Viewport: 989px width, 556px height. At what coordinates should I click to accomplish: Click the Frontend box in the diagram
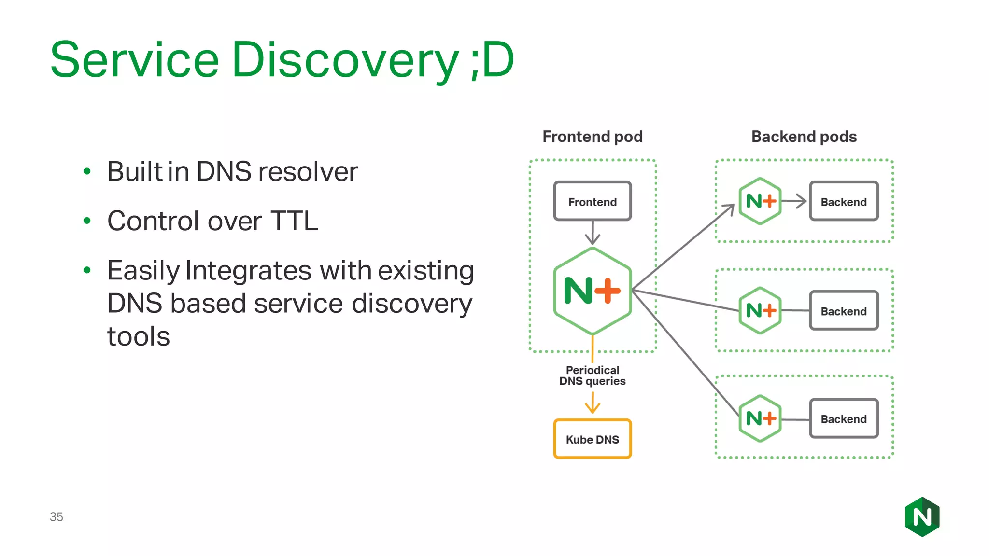(x=592, y=201)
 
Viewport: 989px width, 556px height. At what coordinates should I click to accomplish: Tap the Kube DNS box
(x=592, y=439)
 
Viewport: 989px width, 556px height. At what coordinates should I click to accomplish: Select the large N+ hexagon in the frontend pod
(x=592, y=291)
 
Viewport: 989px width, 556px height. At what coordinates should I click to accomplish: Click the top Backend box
(x=843, y=201)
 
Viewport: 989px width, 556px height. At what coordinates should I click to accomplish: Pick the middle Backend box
(x=843, y=311)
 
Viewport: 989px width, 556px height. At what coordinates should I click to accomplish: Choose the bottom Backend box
(x=843, y=418)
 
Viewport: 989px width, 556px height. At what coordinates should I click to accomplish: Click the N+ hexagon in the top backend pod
(x=760, y=201)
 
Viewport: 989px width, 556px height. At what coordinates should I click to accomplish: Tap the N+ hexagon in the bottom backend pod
(x=760, y=418)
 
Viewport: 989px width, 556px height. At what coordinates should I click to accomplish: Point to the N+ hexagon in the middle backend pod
(x=760, y=310)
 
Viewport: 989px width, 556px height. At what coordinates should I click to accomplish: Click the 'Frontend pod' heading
(x=592, y=137)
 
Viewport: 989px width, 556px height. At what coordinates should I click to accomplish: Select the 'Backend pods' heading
(x=804, y=137)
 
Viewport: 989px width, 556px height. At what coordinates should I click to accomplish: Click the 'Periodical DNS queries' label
(x=592, y=375)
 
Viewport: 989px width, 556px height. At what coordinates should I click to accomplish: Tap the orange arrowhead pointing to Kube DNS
(x=593, y=408)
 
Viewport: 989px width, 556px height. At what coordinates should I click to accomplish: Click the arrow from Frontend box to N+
(x=593, y=234)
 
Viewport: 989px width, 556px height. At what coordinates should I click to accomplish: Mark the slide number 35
(x=56, y=517)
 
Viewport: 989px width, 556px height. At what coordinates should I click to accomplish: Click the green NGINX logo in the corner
(x=922, y=517)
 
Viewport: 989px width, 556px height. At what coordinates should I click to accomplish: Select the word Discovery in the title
(x=345, y=60)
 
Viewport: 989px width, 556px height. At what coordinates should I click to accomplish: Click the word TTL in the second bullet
(x=294, y=221)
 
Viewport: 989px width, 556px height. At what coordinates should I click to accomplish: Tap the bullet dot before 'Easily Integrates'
(x=87, y=270)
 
